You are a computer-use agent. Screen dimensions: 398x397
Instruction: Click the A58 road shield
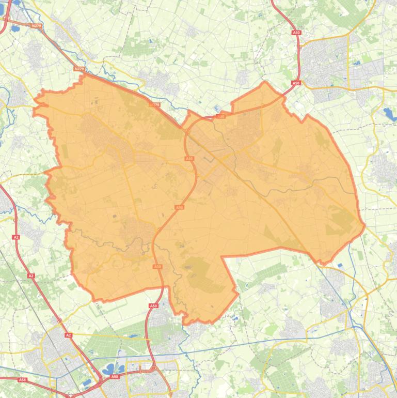[x=22, y=380]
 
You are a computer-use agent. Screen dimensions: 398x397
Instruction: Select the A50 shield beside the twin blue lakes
[x=115, y=377]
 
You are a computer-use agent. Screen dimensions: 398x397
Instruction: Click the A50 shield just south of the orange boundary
[x=153, y=306]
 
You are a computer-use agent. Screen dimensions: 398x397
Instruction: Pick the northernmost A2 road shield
[x=16, y=237]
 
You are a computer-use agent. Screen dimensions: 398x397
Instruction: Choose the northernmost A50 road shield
[x=296, y=33]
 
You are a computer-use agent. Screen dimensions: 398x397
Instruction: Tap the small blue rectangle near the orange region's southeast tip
[x=339, y=266]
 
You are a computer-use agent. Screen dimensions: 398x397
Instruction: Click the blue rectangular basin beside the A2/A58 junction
[x=87, y=383]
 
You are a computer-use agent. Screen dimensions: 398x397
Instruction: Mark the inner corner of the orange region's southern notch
[x=223, y=257]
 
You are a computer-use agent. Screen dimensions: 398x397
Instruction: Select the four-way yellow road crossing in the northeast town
[x=348, y=88]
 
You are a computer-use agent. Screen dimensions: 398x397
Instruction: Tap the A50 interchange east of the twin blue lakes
[x=154, y=368]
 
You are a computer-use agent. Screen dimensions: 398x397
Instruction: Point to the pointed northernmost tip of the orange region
[x=265, y=82]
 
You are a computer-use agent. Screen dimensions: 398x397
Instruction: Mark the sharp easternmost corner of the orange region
[x=364, y=225]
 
